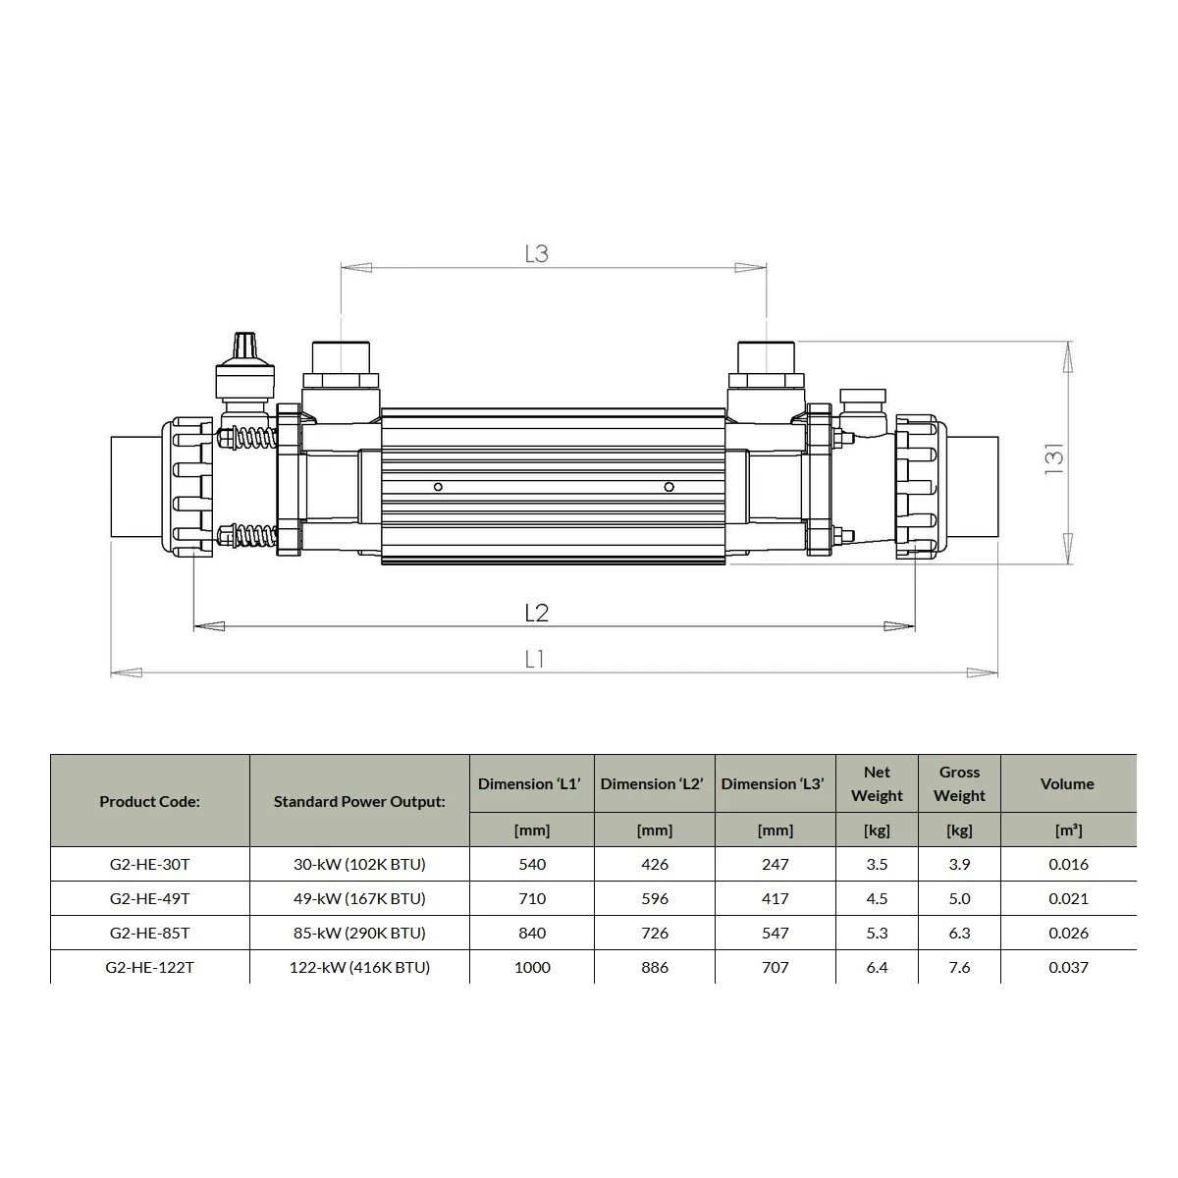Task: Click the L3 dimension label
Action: pyautogui.click(x=536, y=254)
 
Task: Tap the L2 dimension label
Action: pyautogui.click(x=536, y=614)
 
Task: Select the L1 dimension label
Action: pyautogui.click(x=535, y=661)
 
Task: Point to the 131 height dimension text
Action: pyautogui.click(x=1053, y=456)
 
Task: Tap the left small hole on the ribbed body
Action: pyautogui.click(x=438, y=487)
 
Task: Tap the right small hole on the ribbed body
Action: pyautogui.click(x=669, y=487)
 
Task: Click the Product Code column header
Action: pyautogui.click(x=149, y=801)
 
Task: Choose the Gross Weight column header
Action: pyautogui.click(x=959, y=784)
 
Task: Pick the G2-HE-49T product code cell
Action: pyautogui.click(x=149, y=898)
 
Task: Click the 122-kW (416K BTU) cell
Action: pyautogui.click(x=359, y=967)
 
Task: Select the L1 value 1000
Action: pyautogui.click(x=531, y=967)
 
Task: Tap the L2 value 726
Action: pyautogui.click(x=654, y=933)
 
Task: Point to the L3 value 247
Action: pyautogui.click(x=775, y=865)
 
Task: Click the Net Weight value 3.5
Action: pyautogui.click(x=877, y=865)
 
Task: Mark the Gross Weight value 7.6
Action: pyautogui.click(x=959, y=967)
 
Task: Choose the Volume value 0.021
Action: pyautogui.click(x=1067, y=898)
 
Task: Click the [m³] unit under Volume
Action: pyautogui.click(x=1067, y=830)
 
